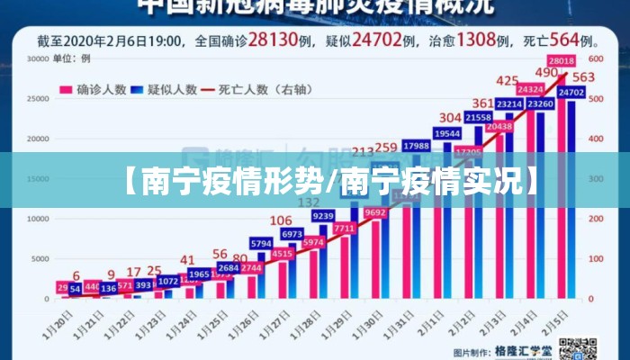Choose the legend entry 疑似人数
click(x=162, y=89)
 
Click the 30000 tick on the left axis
click(x=37, y=59)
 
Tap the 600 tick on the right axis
click(x=595, y=59)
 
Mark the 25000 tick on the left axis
click(x=37, y=99)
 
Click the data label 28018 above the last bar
click(x=562, y=60)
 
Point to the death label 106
click(x=281, y=220)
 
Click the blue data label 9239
click(x=322, y=216)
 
